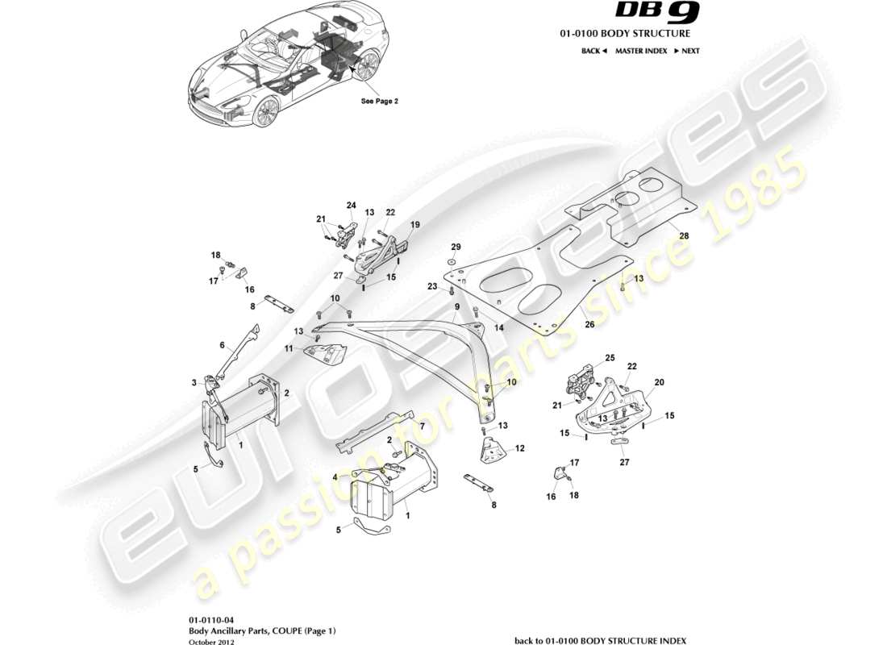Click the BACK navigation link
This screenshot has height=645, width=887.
[x=593, y=51]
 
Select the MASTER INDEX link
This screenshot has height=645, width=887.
[x=640, y=51]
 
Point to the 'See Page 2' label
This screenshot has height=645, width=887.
[x=380, y=102]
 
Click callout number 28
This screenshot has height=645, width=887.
[x=685, y=235]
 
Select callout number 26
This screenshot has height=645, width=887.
[x=589, y=325]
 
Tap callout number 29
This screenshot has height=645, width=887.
[x=456, y=246]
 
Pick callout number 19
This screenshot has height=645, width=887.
[x=415, y=224]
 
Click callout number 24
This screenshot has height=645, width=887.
[x=351, y=205]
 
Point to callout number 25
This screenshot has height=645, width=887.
[x=610, y=357]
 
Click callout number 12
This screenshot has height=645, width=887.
[x=520, y=448]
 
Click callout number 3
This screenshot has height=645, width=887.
[x=194, y=382]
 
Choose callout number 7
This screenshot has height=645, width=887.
[x=420, y=423]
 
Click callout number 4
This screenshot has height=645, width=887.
[x=335, y=476]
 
